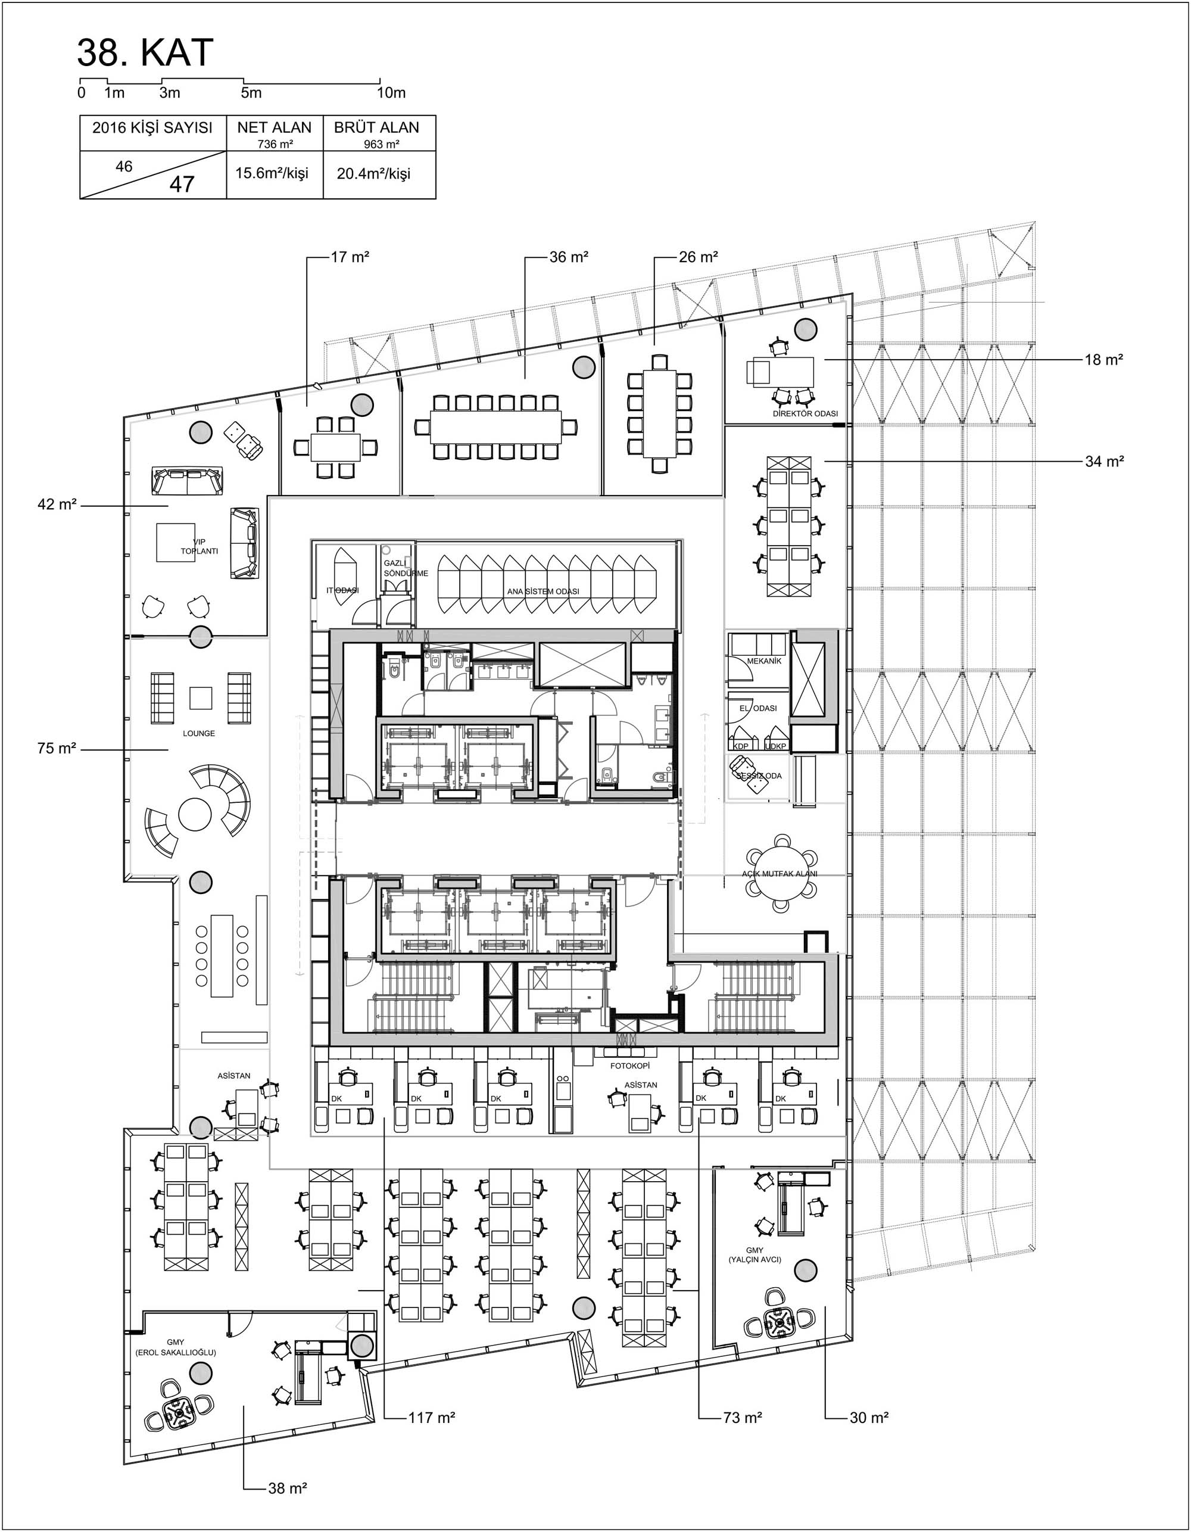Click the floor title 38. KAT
pyautogui.click(x=145, y=52)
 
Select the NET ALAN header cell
pyautogui.click(x=275, y=127)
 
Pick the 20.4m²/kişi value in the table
pyautogui.click(x=373, y=173)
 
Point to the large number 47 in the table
pyautogui.click(x=182, y=185)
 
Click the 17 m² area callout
pyautogui.click(x=350, y=257)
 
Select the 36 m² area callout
pyautogui.click(x=568, y=257)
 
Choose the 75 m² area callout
pyautogui.click(x=57, y=749)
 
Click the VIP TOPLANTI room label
pyautogui.click(x=199, y=546)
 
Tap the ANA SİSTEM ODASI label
pyautogui.click(x=543, y=591)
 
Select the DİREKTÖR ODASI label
pyautogui.click(x=805, y=414)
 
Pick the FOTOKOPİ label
pyautogui.click(x=629, y=1065)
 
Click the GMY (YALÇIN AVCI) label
pyautogui.click(x=754, y=1255)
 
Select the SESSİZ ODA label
pyautogui.click(x=758, y=776)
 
